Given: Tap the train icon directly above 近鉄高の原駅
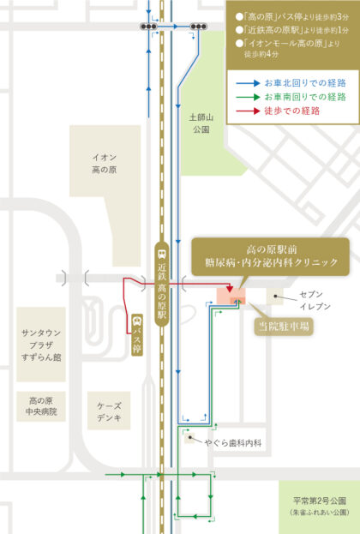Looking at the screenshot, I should coord(162,255).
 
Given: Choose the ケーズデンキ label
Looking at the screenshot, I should coord(110,412).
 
